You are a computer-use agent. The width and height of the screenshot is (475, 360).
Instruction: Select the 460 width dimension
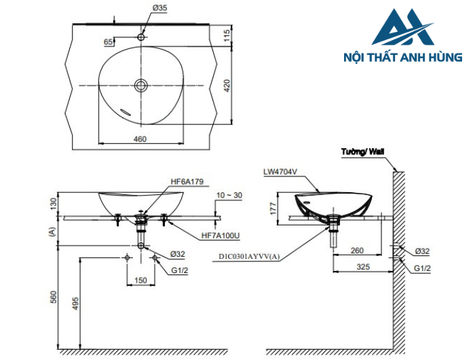click(140, 139)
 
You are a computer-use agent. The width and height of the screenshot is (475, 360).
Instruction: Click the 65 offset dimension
click(108, 42)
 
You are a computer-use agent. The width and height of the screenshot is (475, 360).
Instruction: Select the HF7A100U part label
click(221, 236)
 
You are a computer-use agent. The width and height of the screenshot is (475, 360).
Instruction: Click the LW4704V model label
click(280, 173)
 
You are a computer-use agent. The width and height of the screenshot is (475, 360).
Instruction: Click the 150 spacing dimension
click(140, 280)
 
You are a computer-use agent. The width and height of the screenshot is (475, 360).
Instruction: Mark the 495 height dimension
click(75, 303)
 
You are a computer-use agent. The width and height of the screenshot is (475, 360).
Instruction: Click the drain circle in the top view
click(141, 85)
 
